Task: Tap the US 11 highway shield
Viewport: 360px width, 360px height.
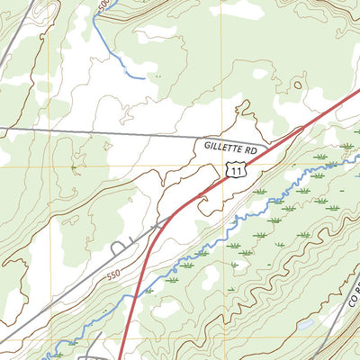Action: point(235,169)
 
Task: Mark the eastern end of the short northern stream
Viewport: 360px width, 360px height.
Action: point(142,77)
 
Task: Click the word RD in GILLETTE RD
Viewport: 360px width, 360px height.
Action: point(251,145)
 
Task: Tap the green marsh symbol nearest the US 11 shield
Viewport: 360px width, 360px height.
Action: point(260,191)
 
